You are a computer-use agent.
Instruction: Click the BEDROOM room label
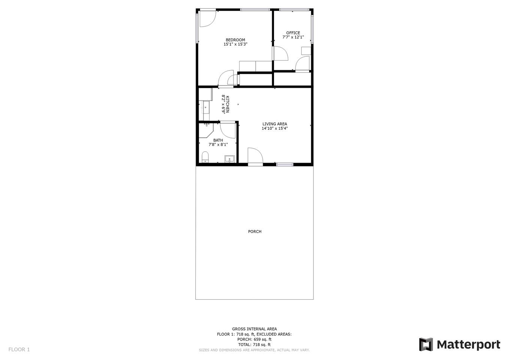235,40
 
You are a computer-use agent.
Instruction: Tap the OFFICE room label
293,33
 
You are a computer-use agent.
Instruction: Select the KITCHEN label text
227,104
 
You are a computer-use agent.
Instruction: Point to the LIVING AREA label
275,124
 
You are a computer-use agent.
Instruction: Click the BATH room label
218,140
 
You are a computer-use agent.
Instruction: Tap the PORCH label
254,231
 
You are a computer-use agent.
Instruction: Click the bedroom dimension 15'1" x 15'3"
235,44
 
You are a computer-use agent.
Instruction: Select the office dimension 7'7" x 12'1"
293,37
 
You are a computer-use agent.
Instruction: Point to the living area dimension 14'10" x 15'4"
275,128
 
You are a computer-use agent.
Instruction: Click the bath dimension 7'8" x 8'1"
218,144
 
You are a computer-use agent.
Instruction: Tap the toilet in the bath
205,157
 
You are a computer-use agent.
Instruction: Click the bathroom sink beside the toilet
229,159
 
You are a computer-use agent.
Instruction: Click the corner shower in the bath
207,130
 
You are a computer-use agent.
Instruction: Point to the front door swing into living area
255,156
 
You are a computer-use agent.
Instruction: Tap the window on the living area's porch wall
285,165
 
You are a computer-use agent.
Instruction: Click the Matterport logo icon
426,344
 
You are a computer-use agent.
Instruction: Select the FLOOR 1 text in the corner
19,349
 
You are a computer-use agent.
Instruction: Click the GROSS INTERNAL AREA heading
254,329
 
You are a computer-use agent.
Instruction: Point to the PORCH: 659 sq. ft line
254,339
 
